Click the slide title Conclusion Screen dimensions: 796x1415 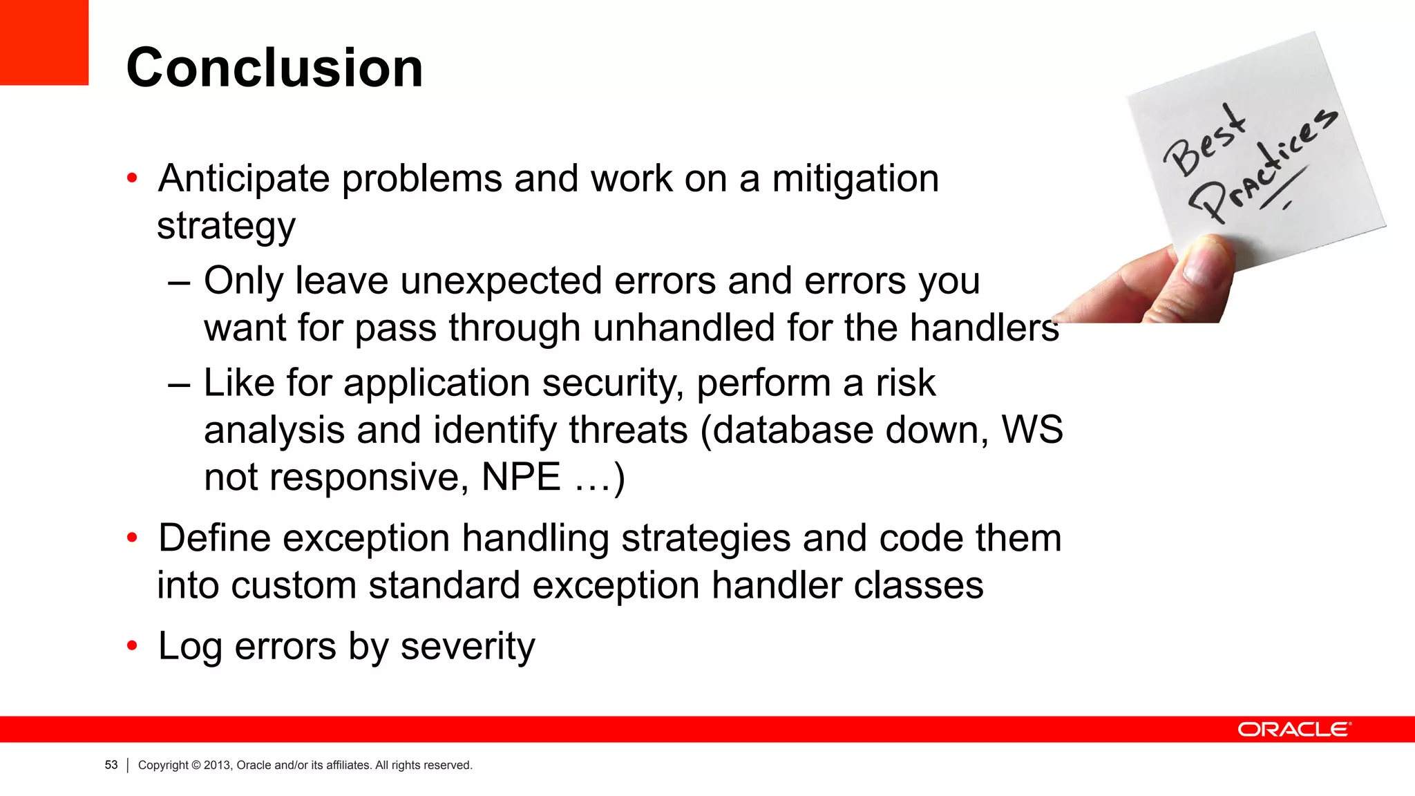click(x=274, y=68)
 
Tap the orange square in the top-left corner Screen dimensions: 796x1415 click(x=44, y=41)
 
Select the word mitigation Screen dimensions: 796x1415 click(x=855, y=179)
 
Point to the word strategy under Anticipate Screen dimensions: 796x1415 click(x=226, y=226)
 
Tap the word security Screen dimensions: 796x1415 click(x=612, y=383)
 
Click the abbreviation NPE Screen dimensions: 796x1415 click(x=521, y=477)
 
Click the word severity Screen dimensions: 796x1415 click(x=468, y=647)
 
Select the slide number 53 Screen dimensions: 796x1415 click(x=111, y=765)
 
